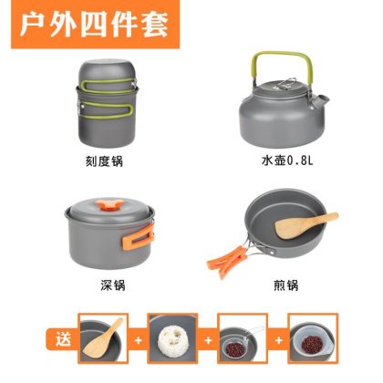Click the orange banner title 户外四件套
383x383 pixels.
94,25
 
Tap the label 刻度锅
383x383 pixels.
104,161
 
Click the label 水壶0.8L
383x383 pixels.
287,160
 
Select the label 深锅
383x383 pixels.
113,285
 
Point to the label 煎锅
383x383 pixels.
285,285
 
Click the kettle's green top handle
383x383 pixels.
283,55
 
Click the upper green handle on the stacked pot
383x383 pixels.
107,85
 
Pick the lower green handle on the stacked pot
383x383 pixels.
108,110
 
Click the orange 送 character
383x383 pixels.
63,338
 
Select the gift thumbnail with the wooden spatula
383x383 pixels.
102,338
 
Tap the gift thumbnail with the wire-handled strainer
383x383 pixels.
243,338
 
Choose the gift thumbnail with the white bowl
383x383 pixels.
313,338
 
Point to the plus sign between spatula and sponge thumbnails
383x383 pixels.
138,340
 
